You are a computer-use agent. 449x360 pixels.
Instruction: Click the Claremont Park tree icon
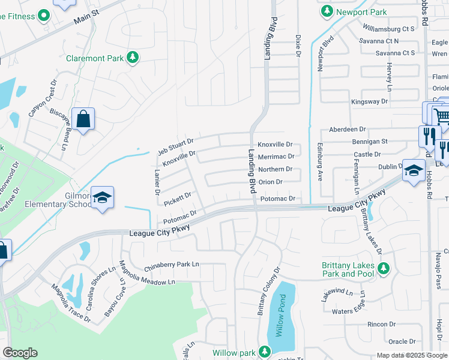[x=133, y=58]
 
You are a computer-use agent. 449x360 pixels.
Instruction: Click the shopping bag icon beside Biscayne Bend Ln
[x=83, y=119]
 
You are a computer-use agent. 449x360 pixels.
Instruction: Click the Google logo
[x=20, y=353]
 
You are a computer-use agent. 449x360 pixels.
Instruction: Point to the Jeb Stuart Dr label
[x=175, y=145]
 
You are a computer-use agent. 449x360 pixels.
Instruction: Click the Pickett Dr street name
[x=178, y=199]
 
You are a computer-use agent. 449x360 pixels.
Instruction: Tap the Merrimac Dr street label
[x=275, y=156]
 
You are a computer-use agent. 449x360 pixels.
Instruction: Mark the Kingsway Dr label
[x=366, y=101]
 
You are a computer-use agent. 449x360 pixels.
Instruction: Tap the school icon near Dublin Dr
[x=414, y=170]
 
